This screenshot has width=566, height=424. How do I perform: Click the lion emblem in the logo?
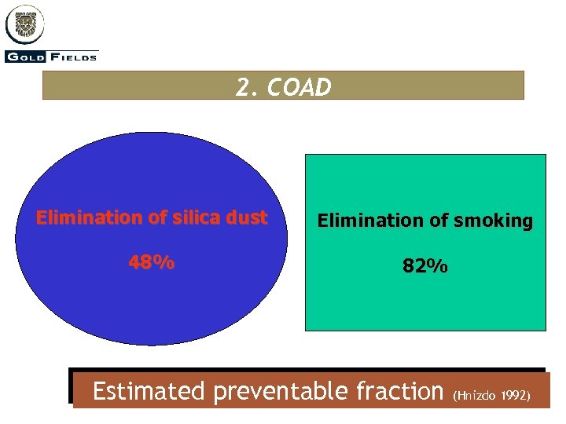tap(24, 24)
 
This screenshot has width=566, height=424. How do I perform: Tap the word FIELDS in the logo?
tap(75, 57)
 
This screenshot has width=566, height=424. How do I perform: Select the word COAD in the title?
tap(300, 87)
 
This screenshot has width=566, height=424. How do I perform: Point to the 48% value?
tap(152, 263)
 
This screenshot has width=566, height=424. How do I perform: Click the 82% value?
tap(425, 266)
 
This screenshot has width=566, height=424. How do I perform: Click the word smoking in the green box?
tap(493, 221)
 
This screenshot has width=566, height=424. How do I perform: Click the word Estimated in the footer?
tap(149, 390)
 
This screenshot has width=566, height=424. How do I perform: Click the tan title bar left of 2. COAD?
tap(134, 86)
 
